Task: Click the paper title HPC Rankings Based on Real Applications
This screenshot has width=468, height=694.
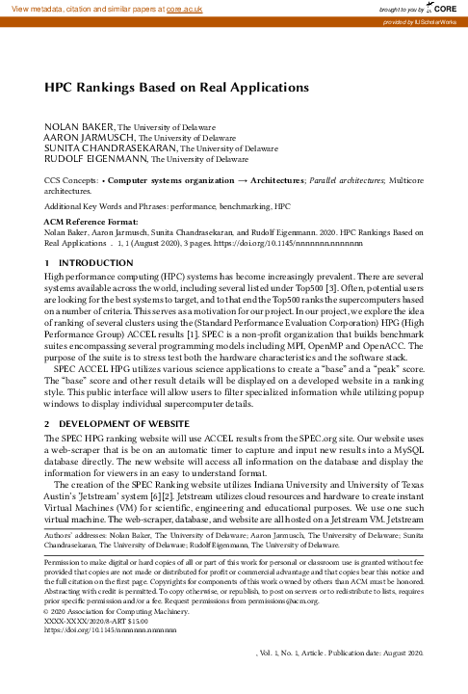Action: tap(177, 87)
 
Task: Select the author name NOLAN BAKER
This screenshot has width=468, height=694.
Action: tap(80, 127)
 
